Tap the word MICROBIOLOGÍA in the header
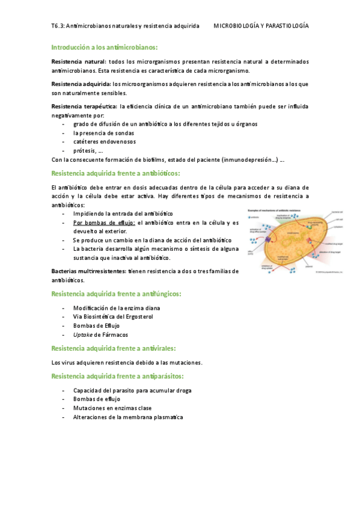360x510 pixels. (x=237, y=26)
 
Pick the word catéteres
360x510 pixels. (x=88, y=142)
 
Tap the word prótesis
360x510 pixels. (x=84, y=151)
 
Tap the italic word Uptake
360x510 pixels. (x=82, y=334)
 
